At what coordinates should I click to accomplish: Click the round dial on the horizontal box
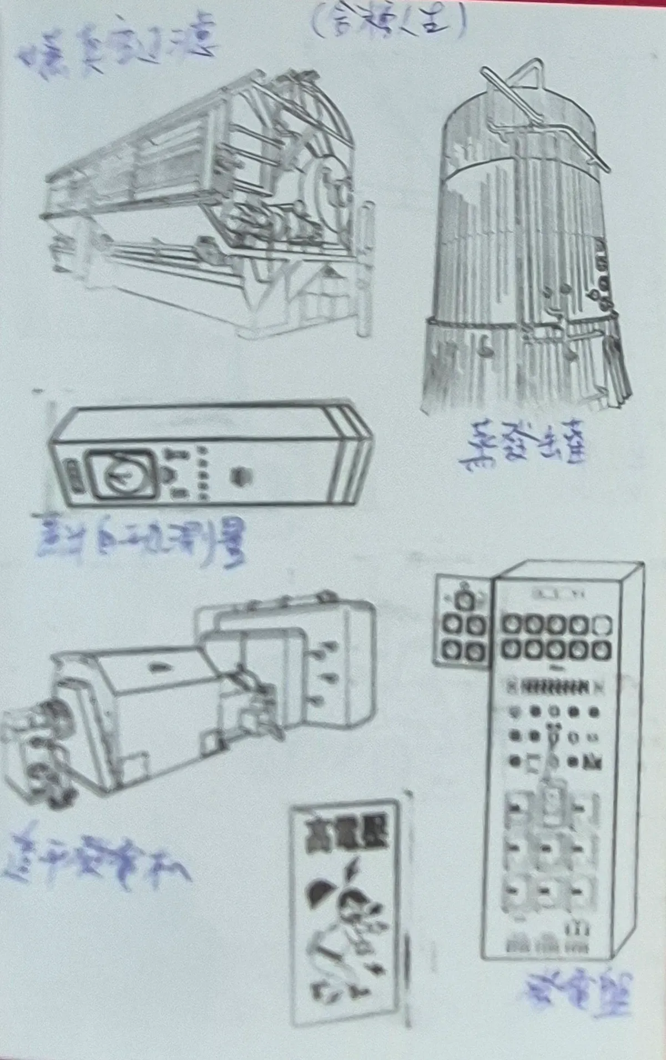pyautogui.click(x=121, y=475)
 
